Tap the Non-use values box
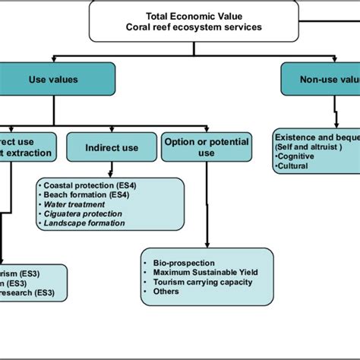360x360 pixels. point(320,78)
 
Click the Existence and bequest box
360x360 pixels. point(315,148)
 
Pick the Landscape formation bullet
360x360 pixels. point(84,223)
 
